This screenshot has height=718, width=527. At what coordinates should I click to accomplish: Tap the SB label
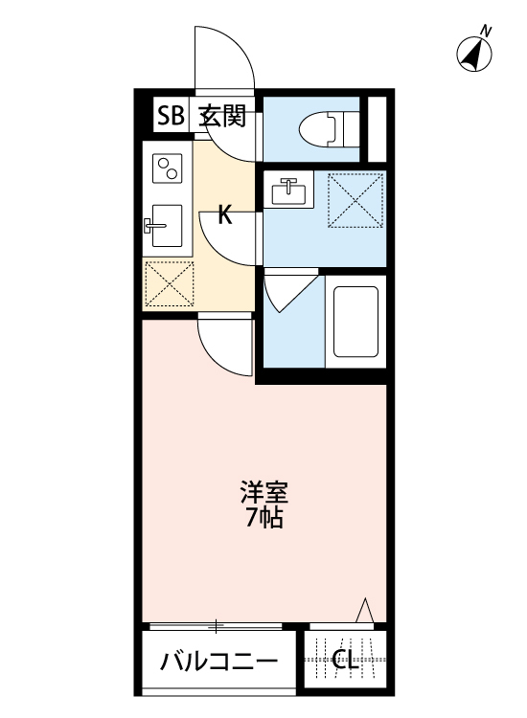[171, 117]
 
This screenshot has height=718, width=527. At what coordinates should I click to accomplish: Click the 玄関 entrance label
[222, 117]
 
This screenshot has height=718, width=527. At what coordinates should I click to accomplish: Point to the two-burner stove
[170, 169]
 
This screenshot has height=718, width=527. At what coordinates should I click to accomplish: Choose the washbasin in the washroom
[288, 191]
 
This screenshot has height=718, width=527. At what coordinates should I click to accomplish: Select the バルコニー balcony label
[219, 661]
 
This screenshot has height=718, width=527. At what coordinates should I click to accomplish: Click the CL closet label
[346, 660]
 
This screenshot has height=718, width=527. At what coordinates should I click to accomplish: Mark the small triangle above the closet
[364, 611]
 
